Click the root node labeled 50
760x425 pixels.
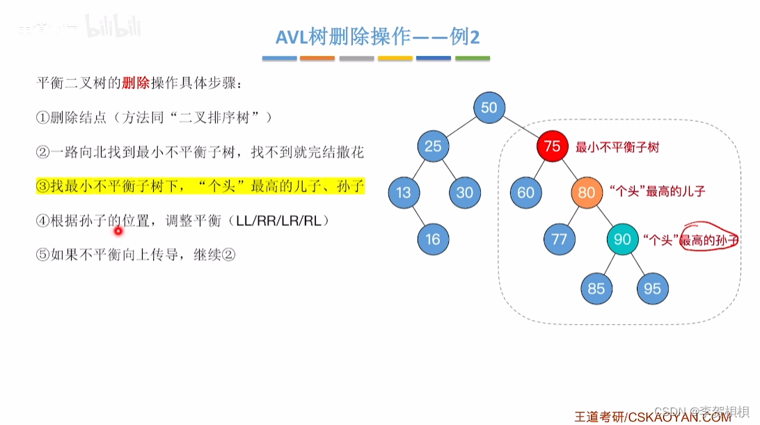489,108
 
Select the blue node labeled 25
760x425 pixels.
434,146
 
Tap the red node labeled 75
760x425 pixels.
553,147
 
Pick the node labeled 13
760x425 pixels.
403,193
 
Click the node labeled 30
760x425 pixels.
465,193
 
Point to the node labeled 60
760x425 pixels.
525,193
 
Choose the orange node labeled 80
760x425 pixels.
587,193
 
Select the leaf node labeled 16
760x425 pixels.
433,239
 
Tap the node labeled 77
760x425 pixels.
559,239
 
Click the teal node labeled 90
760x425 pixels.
622,239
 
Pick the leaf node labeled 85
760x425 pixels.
596,288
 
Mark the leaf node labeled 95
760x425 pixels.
652,288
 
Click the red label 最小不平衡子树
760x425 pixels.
617,147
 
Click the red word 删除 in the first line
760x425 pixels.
136,83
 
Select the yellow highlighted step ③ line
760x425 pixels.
200,187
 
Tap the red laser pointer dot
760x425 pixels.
118,232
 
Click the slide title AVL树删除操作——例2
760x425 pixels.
378,38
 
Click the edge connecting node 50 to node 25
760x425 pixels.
461,127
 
